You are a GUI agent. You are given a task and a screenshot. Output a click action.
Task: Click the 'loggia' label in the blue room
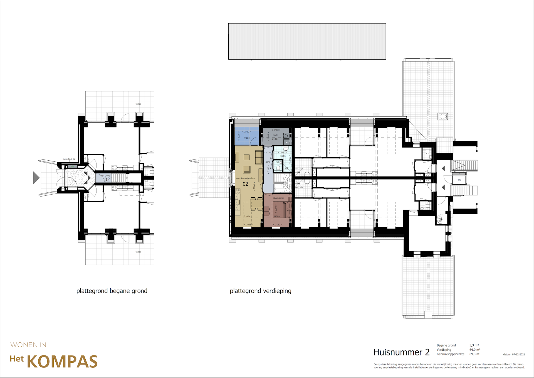(x=247, y=138)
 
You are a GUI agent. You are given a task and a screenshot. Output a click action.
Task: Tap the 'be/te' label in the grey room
(x=275, y=135)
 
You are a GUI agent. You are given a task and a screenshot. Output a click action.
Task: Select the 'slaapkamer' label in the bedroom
(x=278, y=198)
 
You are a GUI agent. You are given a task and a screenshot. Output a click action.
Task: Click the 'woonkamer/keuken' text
(x=245, y=178)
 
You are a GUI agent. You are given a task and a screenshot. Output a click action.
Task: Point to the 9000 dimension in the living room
(x=254, y=186)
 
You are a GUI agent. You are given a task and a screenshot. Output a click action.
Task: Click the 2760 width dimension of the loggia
(x=247, y=132)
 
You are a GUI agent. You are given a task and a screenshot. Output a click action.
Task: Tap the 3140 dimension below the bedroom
(x=278, y=224)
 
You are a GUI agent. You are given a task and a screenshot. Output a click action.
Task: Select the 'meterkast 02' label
(x=69, y=159)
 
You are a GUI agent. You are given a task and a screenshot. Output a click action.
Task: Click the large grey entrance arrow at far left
(x=36, y=178)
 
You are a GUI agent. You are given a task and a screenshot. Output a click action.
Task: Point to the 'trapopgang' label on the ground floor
(x=104, y=175)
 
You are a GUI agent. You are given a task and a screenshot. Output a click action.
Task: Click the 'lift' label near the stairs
(x=459, y=180)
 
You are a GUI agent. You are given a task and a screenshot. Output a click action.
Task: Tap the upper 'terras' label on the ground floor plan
(x=138, y=104)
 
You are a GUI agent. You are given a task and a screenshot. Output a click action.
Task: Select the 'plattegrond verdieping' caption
(x=260, y=291)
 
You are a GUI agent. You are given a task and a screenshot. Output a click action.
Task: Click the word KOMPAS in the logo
(x=62, y=362)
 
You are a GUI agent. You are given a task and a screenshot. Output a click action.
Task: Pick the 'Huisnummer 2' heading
(x=401, y=352)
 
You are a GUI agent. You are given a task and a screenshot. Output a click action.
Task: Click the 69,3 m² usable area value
(x=475, y=354)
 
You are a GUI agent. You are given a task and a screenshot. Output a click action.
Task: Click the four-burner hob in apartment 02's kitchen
(x=238, y=192)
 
